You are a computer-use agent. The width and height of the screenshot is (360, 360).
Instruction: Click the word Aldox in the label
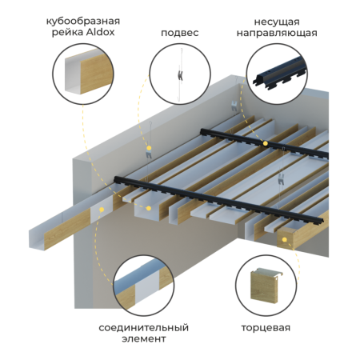[x=100, y=32]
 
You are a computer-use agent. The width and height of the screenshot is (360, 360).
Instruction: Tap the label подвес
[x=180, y=33]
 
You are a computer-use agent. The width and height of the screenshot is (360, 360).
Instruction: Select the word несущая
[x=277, y=22]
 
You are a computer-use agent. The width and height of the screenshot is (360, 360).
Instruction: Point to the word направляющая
[x=277, y=34]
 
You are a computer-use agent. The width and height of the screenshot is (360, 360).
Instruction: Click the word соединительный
[x=144, y=327]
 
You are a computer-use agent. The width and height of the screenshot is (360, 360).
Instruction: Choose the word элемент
[x=144, y=339]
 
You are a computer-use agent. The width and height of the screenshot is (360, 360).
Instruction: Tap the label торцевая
[x=266, y=328]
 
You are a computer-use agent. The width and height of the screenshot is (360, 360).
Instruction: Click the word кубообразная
[x=83, y=21]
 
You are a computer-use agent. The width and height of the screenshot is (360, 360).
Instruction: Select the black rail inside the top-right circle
[x=279, y=73]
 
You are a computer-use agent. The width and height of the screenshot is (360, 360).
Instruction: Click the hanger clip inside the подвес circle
[x=181, y=75]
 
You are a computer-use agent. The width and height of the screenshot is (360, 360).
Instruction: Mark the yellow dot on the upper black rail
[x=266, y=144]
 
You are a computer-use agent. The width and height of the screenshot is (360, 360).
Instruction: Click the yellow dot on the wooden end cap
[x=285, y=240]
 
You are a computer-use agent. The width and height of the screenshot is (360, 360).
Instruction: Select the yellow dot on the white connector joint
[x=102, y=210]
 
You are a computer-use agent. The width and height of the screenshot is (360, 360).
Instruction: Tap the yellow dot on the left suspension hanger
[x=149, y=148]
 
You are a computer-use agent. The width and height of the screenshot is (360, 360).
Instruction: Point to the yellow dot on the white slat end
[x=149, y=208]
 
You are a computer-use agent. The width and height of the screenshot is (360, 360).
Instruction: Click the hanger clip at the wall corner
[x=234, y=106]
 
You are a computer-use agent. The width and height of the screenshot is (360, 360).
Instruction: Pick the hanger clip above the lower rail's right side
[x=281, y=178]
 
